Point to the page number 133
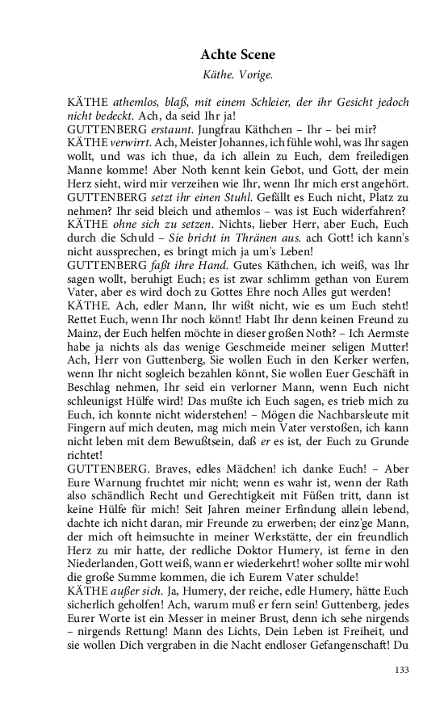pos(401,669)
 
